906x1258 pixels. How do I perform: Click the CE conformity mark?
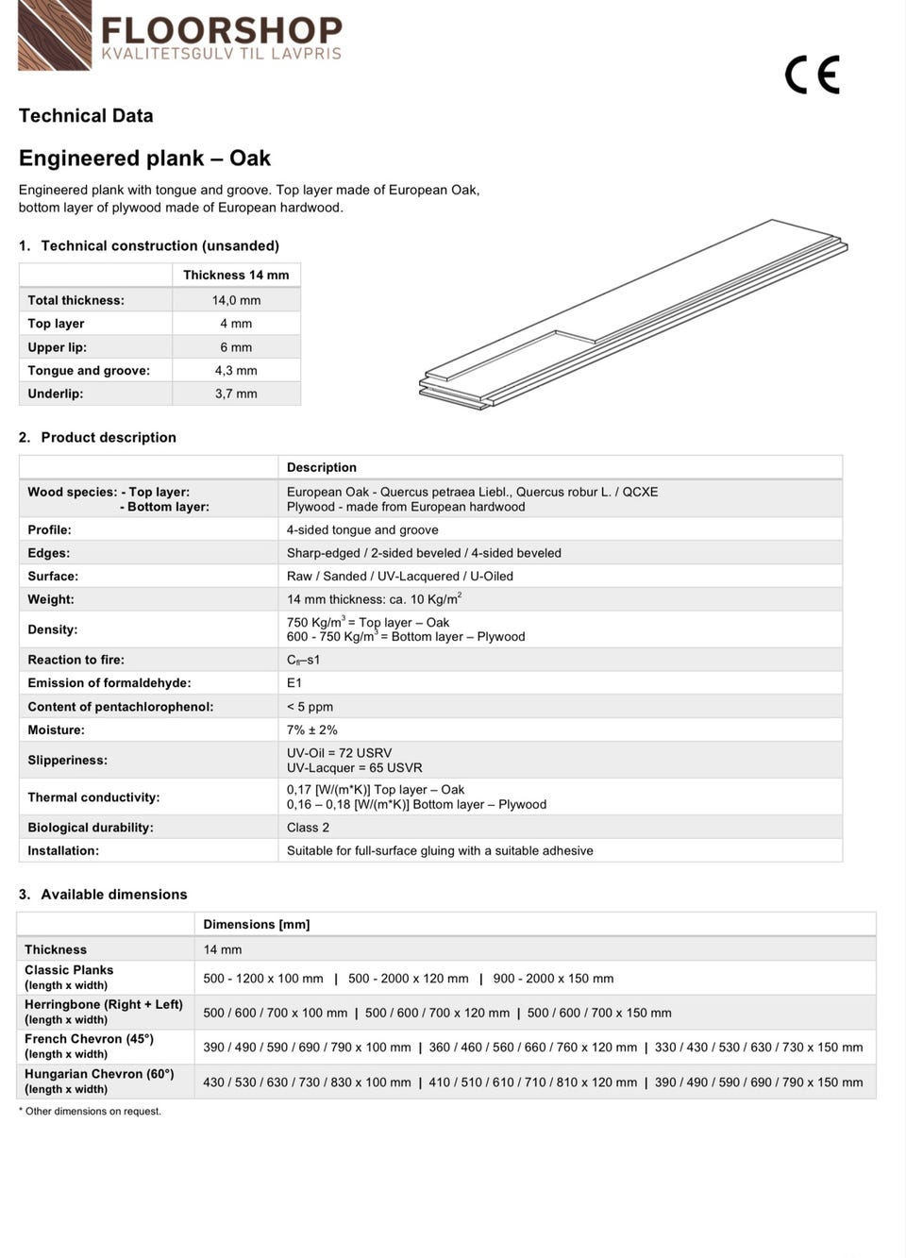[812, 75]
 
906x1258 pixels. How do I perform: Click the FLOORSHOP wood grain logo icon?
[55, 35]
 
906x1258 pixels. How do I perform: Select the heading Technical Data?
[86, 116]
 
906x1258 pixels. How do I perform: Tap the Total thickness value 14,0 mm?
[236, 300]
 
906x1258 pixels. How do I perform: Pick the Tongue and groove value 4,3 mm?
[236, 371]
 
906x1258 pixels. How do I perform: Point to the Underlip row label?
[56, 394]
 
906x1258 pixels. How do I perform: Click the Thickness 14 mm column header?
[236, 275]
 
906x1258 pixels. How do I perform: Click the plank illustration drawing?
[632, 314]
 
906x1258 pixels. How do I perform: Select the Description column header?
[322, 467]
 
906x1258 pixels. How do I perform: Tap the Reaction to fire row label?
[75, 660]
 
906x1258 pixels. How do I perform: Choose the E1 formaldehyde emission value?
[294, 683]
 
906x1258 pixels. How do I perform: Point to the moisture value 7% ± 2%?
[312, 730]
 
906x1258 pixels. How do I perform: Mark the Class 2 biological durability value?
[308, 828]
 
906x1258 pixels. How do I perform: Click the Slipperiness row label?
[67, 760]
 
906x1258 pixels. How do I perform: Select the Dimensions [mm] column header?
[257, 924]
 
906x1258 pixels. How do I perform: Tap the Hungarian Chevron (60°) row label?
[99, 1074]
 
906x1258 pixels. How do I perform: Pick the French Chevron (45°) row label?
[89, 1039]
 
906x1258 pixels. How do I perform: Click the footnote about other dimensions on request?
[90, 1111]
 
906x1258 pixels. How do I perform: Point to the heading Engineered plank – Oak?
[144, 158]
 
